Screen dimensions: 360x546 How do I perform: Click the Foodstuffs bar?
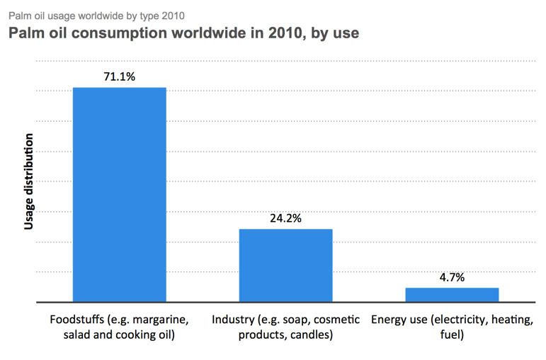click(x=120, y=195)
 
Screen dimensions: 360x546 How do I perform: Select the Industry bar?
click(x=285, y=266)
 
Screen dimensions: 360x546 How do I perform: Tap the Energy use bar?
click(x=452, y=295)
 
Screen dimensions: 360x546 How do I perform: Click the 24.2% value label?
click(x=285, y=218)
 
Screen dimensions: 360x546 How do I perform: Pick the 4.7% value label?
click(x=452, y=277)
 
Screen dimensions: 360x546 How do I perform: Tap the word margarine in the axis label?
click(x=161, y=319)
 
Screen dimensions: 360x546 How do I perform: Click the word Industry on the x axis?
click(x=232, y=319)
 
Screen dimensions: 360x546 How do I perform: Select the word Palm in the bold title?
click(x=25, y=33)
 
